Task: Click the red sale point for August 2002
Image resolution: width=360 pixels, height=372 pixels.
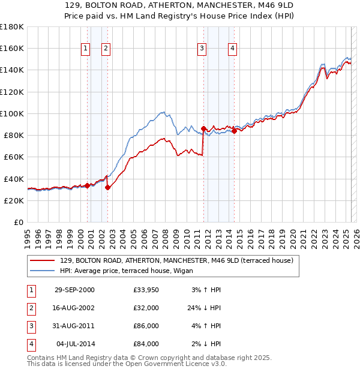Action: pos(107,187)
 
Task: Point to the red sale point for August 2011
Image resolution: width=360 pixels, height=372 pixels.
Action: pos(203,128)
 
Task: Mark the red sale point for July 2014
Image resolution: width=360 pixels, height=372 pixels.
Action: pos(234,131)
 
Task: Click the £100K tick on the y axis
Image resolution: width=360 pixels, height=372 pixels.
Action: pos(12,113)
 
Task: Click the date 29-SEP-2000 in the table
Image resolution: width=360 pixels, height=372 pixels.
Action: pos(74,290)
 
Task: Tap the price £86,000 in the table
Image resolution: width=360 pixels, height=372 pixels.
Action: pos(146,328)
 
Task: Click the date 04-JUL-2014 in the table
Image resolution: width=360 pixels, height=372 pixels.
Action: pos(75,344)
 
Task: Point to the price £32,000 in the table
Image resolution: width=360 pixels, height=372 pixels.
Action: pos(146,308)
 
